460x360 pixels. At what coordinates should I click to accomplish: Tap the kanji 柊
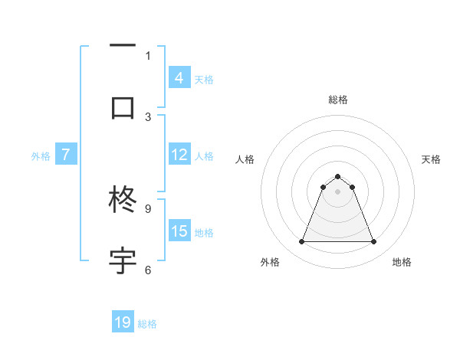point(123,200)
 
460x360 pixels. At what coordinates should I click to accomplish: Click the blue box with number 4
point(179,78)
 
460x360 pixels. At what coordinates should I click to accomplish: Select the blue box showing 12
point(179,155)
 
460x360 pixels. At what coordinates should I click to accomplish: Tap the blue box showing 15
point(179,231)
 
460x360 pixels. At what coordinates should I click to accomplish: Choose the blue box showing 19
point(123,322)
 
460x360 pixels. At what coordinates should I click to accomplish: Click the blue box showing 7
point(66,155)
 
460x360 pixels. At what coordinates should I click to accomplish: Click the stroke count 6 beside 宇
point(148,270)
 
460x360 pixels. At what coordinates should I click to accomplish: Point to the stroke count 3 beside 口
point(148,116)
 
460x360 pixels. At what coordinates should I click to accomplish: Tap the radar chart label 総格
point(337,100)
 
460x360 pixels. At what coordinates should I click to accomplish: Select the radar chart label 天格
point(431,159)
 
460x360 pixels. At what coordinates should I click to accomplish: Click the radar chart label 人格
point(245,159)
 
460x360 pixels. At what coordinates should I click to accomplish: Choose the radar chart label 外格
point(270,262)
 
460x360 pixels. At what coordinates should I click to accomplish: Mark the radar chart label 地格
point(402,262)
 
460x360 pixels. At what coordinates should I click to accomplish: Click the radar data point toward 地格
point(373,242)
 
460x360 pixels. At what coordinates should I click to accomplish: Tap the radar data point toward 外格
point(301,242)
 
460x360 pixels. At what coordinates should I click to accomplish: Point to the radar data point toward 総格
point(337,176)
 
